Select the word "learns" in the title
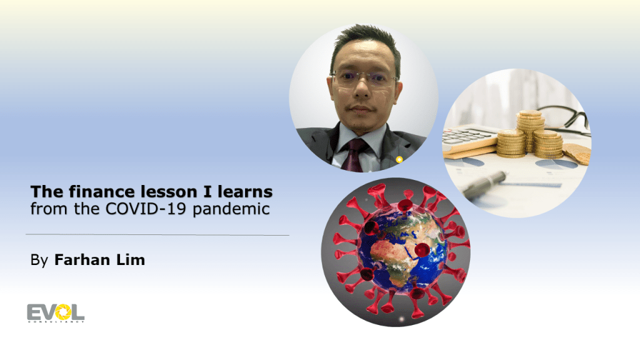[245, 191]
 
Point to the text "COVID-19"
[146, 209]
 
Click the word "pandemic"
[231, 209]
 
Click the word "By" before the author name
[39, 261]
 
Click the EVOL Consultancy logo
[56, 313]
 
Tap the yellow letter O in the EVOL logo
[63, 312]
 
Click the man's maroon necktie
[353, 155]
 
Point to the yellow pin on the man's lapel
[399, 159]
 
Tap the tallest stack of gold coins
[529, 131]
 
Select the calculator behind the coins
[469, 139]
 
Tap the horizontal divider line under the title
[157, 235]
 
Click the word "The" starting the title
[46, 191]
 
